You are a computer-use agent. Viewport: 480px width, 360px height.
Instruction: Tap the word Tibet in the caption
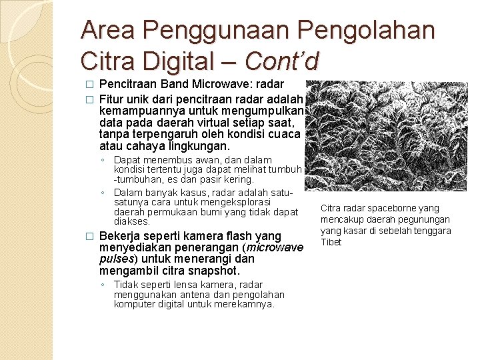(331, 242)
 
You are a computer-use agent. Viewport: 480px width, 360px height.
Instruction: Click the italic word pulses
(116, 259)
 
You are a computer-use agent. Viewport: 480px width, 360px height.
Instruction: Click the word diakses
(132, 221)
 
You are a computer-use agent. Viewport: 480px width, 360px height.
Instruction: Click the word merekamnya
(246, 304)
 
